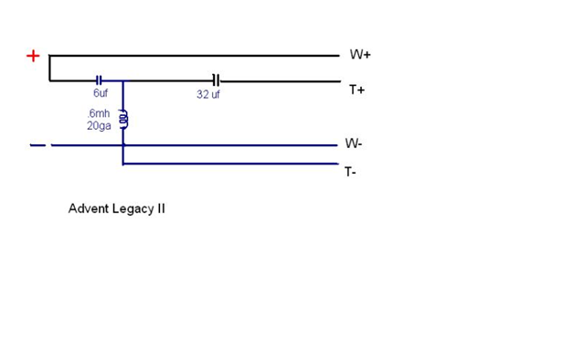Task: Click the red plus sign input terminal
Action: [33, 56]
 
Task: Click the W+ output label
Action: [360, 55]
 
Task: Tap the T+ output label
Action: [356, 90]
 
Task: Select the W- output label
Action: [354, 143]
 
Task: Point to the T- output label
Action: [350, 172]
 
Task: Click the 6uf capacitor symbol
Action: [99, 80]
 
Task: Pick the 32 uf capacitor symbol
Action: [217, 80]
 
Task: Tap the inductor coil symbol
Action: [124, 119]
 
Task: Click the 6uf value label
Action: [101, 93]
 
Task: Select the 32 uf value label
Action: [207, 94]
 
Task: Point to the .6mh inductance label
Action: [99, 113]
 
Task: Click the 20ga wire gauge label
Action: [99, 126]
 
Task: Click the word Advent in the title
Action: [89, 208]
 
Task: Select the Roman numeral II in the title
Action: [162, 208]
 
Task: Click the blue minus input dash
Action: [37, 145]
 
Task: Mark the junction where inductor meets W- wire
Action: [123, 145]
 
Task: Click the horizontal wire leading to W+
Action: [195, 56]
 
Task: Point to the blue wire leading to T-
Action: [230, 164]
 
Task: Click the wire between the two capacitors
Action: [157, 80]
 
